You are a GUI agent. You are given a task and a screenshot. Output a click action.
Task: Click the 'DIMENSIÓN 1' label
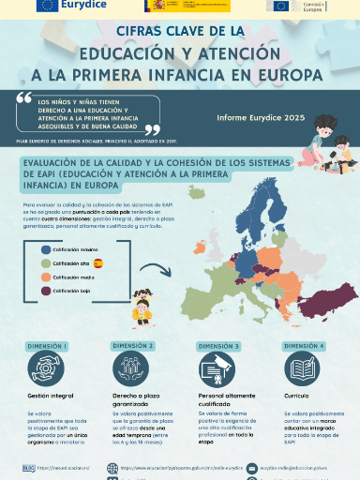click(x=46, y=346)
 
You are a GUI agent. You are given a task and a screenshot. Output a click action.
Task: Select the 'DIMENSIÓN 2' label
click(x=132, y=346)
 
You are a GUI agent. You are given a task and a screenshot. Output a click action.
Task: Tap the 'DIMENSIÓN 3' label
click(x=217, y=346)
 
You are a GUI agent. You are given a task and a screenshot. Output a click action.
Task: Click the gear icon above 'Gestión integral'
click(x=46, y=369)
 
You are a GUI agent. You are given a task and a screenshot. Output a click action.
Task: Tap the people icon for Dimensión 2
click(x=132, y=369)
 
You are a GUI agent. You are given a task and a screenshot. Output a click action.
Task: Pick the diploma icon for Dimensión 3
click(x=217, y=369)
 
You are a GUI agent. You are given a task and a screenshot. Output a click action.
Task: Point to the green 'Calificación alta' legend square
click(x=45, y=264)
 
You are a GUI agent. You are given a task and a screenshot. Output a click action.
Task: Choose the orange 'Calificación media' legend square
click(x=45, y=278)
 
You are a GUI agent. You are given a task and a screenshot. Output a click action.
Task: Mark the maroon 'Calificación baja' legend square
click(x=45, y=292)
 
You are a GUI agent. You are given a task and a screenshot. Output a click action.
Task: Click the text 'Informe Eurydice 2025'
click(x=261, y=118)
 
